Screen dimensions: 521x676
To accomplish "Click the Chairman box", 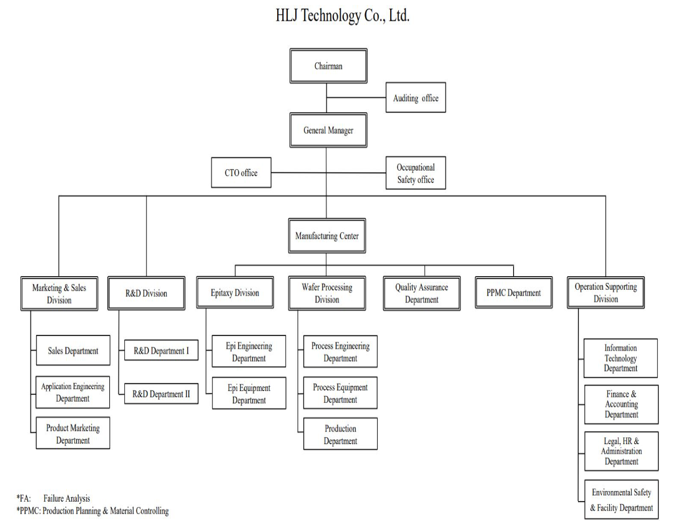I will [328, 66].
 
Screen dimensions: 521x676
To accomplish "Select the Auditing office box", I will [416, 97].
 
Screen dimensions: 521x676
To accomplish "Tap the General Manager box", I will [328, 131].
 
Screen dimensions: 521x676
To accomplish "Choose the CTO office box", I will [241, 172].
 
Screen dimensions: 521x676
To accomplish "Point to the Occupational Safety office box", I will [416, 173].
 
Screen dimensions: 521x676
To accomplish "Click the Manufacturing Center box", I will [327, 236].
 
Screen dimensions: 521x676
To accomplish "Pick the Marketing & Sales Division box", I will [59, 293].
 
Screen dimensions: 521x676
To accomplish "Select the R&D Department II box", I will [161, 394].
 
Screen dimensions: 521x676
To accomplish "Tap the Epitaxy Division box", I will [235, 292].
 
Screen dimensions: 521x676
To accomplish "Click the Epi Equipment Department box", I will [249, 394].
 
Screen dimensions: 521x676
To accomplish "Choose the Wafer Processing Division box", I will [327, 293].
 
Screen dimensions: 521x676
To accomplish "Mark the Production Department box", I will [340, 434].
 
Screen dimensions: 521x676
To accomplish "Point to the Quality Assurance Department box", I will [421, 293].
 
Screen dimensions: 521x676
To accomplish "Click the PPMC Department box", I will [513, 292].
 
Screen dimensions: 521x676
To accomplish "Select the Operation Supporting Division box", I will [605, 292].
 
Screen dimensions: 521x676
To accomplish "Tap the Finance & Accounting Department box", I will [621, 404].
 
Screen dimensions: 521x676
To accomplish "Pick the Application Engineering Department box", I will [73, 392].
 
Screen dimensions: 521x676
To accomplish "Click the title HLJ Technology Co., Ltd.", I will [343, 16].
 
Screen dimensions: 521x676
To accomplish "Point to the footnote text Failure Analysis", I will [67, 499].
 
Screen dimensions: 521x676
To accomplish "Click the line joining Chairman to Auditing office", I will [356, 97].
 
